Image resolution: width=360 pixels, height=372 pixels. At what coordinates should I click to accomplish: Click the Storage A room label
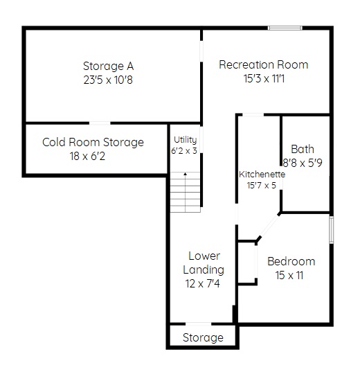tap(109, 67)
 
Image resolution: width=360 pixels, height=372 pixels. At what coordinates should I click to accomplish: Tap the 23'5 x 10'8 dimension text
tap(108, 80)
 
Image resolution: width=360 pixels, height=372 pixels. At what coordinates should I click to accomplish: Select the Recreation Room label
tap(264, 64)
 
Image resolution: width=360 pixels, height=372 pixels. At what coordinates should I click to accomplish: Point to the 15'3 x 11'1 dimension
tap(264, 78)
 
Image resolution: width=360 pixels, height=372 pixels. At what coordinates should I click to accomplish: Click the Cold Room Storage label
tap(93, 142)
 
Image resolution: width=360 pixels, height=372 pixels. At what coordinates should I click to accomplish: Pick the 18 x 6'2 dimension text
tap(87, 156)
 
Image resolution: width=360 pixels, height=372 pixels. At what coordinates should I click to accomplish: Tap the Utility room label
tap(186, 140)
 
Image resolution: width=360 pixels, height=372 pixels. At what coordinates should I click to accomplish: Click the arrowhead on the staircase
tap(186, 174)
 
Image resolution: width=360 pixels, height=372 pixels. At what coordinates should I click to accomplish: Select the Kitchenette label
tap(262, 175)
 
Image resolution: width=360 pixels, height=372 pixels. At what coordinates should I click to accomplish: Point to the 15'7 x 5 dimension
tap(261, 185)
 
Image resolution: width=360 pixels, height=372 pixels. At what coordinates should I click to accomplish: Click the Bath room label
tap(303, 149)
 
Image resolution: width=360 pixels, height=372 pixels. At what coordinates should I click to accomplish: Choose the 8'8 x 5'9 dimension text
tap(303, 163)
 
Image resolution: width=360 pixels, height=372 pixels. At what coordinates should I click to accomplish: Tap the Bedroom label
tap(291, 261)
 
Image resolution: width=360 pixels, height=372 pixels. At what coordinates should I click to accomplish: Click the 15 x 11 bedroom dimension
tap(289, 276)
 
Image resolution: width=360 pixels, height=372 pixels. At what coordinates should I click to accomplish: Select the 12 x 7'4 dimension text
tap(203, 283)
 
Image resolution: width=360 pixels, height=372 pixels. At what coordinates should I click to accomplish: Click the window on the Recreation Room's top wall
tap(285, 28)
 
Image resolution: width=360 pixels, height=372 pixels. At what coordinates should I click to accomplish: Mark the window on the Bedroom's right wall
tap(332, 230)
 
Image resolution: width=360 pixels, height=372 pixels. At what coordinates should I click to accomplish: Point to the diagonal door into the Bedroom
tap(269, 227)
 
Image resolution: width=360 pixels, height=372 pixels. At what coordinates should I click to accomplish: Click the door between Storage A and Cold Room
tap(100, 123)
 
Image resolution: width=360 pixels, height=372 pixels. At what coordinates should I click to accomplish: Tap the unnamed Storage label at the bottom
tap(203, 337)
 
